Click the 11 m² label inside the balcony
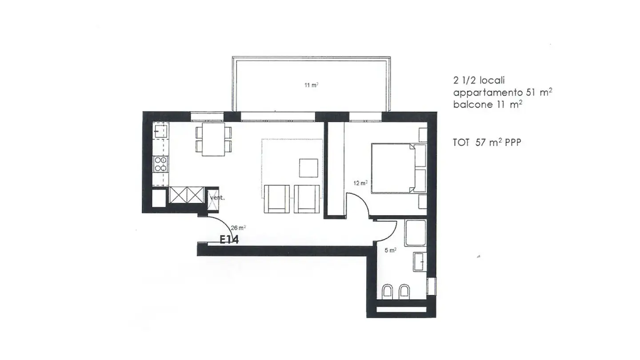311,85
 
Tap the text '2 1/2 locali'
479,80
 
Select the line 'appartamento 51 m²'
502,92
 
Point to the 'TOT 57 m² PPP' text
487,143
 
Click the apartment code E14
229,240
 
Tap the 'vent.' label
217,198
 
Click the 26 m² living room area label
239,228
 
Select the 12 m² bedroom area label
360,183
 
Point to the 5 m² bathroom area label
390,250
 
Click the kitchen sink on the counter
160,131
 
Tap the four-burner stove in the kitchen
160,164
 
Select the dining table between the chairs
213,139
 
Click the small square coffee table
308,168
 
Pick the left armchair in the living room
276,198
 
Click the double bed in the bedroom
393,168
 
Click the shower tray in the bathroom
415,233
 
